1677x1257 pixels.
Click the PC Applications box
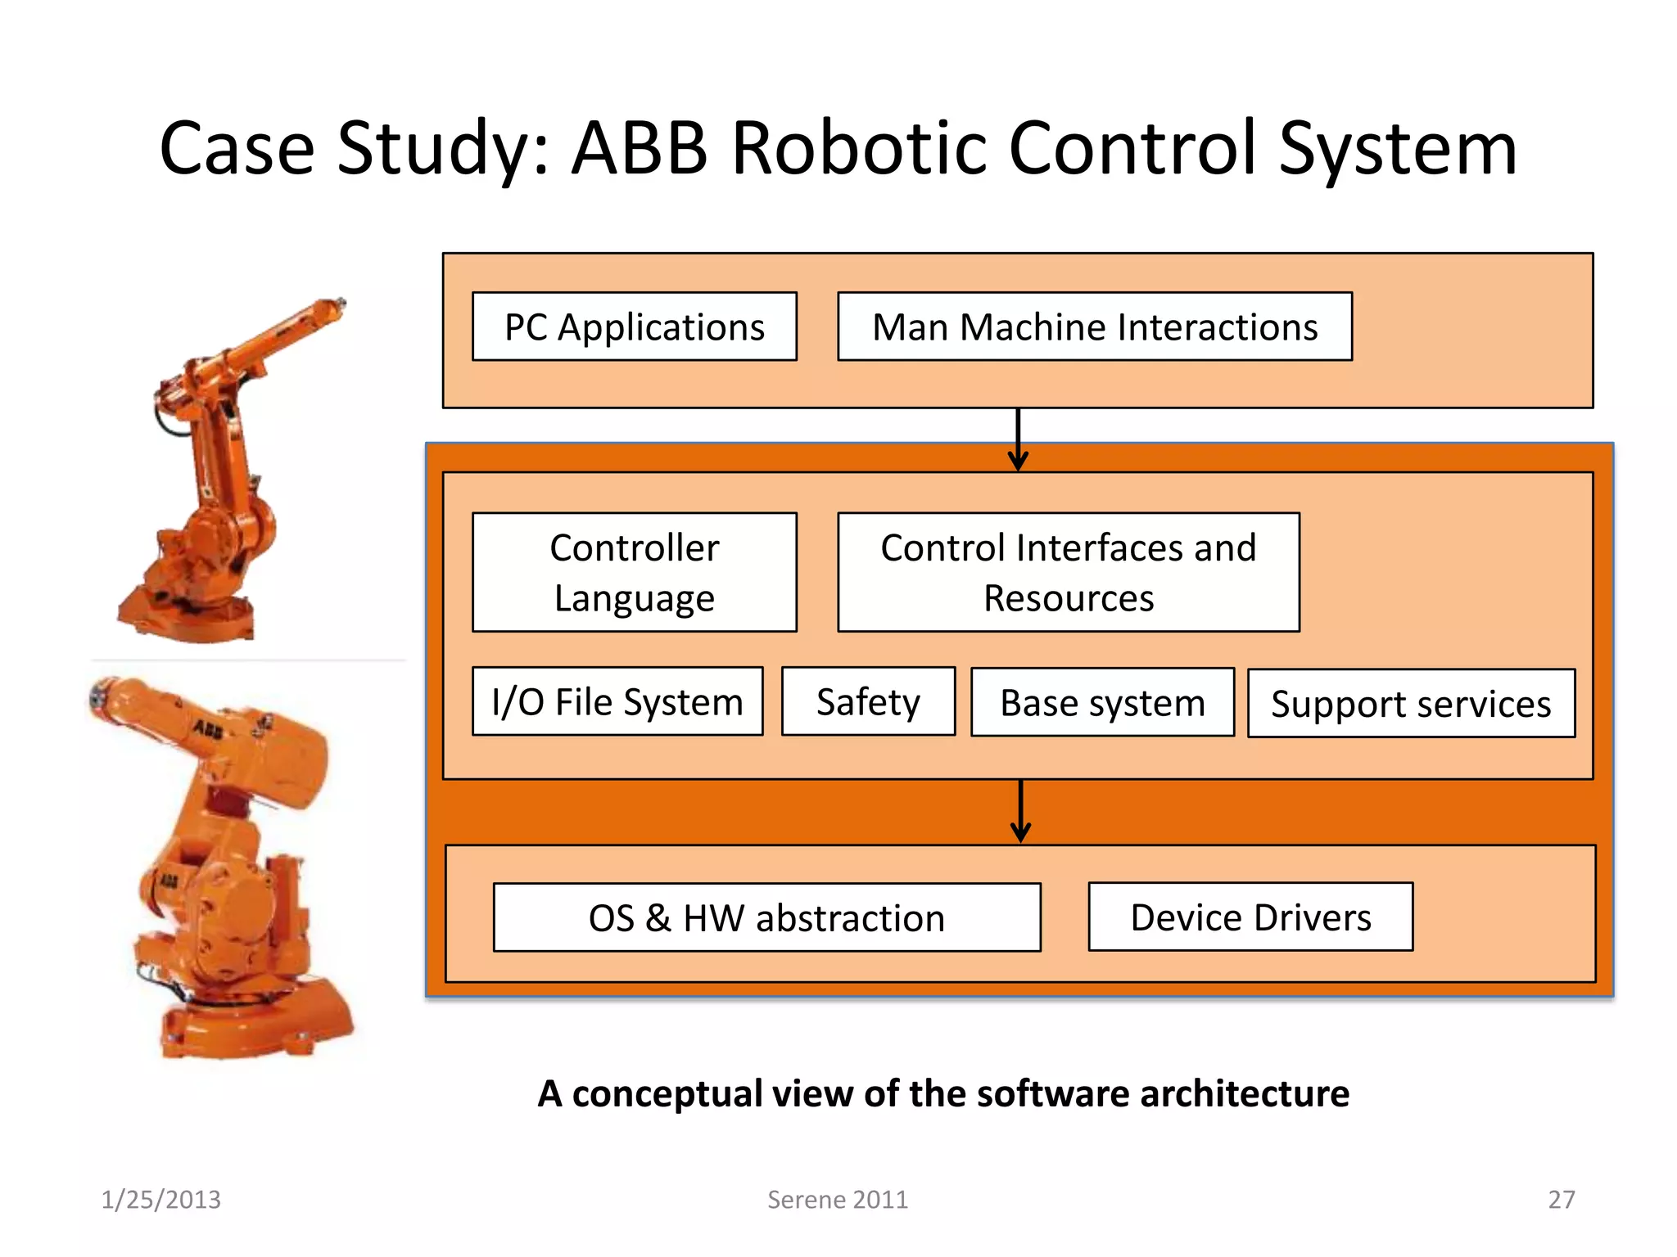point(635,327)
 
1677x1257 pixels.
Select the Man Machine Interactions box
point(1095,327)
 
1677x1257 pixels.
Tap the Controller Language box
point(635,572)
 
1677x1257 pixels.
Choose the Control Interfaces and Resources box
point(1069,572)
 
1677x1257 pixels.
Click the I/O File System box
point(617,701)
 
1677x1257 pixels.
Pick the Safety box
point(868,701)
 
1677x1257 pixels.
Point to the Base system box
point(1102,702)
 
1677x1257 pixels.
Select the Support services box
point(1411,704)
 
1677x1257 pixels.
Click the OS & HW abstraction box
point(766,917)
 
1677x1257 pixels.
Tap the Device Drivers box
point(1250,917)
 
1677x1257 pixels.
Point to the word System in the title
point(1398,150)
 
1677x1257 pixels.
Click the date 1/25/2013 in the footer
point(160,1200)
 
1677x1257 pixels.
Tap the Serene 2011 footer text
point(837,1200)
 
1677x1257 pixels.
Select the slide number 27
point(1561,1200)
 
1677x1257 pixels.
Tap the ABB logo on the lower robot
point(208,728)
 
